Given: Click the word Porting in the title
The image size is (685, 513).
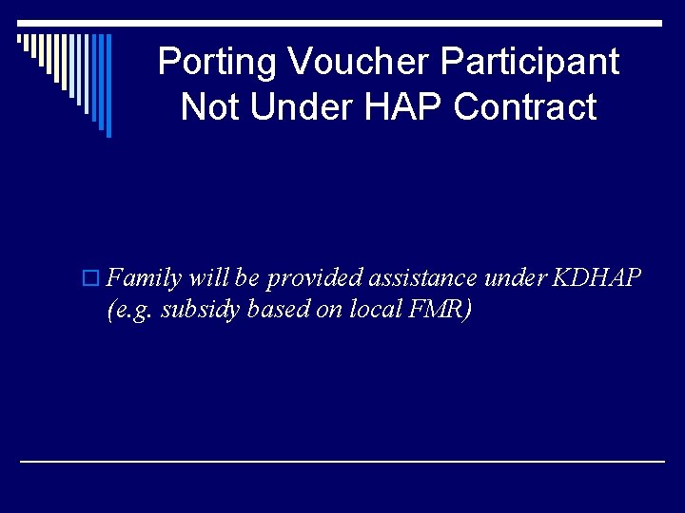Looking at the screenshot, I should pos(218,63).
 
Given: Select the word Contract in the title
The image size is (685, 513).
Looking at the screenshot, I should pos(525,106).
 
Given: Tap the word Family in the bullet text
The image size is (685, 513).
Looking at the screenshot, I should pos(145,278).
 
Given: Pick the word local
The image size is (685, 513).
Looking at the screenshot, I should pos(368,311).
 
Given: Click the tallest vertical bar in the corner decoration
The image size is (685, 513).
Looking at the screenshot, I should pos(108,85).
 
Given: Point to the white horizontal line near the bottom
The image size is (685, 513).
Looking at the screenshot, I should pos(342,461).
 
